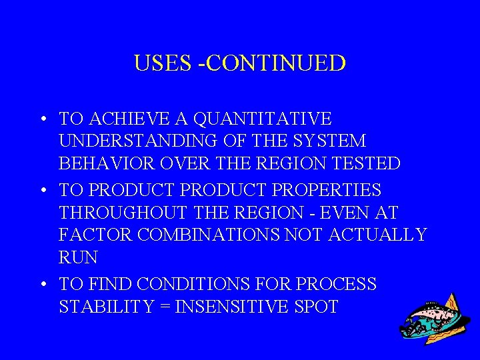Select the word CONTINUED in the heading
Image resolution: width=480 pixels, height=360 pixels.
tap(279, 63)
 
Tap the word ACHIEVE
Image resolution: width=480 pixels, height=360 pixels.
tap(127, 119)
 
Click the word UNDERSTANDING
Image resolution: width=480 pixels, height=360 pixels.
tap(137, 141)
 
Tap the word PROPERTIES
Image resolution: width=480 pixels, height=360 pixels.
tap(328, 190)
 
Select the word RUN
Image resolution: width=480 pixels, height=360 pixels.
tap(78, 257)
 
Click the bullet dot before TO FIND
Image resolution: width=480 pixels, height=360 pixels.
tap(42, 285)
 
